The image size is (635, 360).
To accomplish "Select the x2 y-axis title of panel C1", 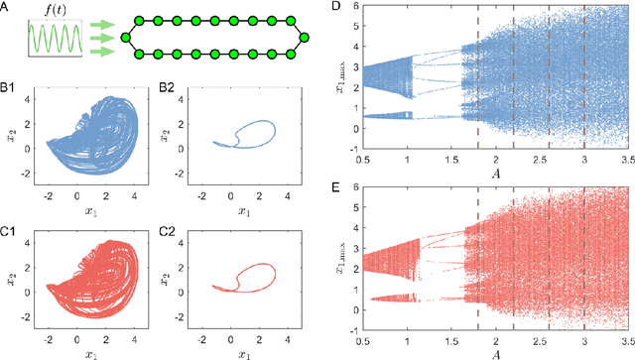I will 9,280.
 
